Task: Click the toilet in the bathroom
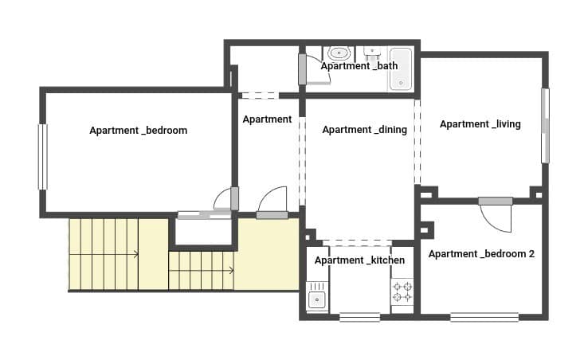339,53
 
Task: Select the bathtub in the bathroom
400,69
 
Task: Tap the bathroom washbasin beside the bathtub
372,53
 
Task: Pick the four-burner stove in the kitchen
402,292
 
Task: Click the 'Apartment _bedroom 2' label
481,254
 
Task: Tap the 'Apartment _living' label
480,124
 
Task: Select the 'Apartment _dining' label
364,130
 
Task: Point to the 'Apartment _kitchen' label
359,260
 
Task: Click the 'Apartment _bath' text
359,66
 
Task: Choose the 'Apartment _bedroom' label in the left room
138,130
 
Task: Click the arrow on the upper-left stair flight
136,254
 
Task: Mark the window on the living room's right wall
545,125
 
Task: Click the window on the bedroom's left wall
42,157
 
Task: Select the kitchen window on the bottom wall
359,317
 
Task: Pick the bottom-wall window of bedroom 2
484,317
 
